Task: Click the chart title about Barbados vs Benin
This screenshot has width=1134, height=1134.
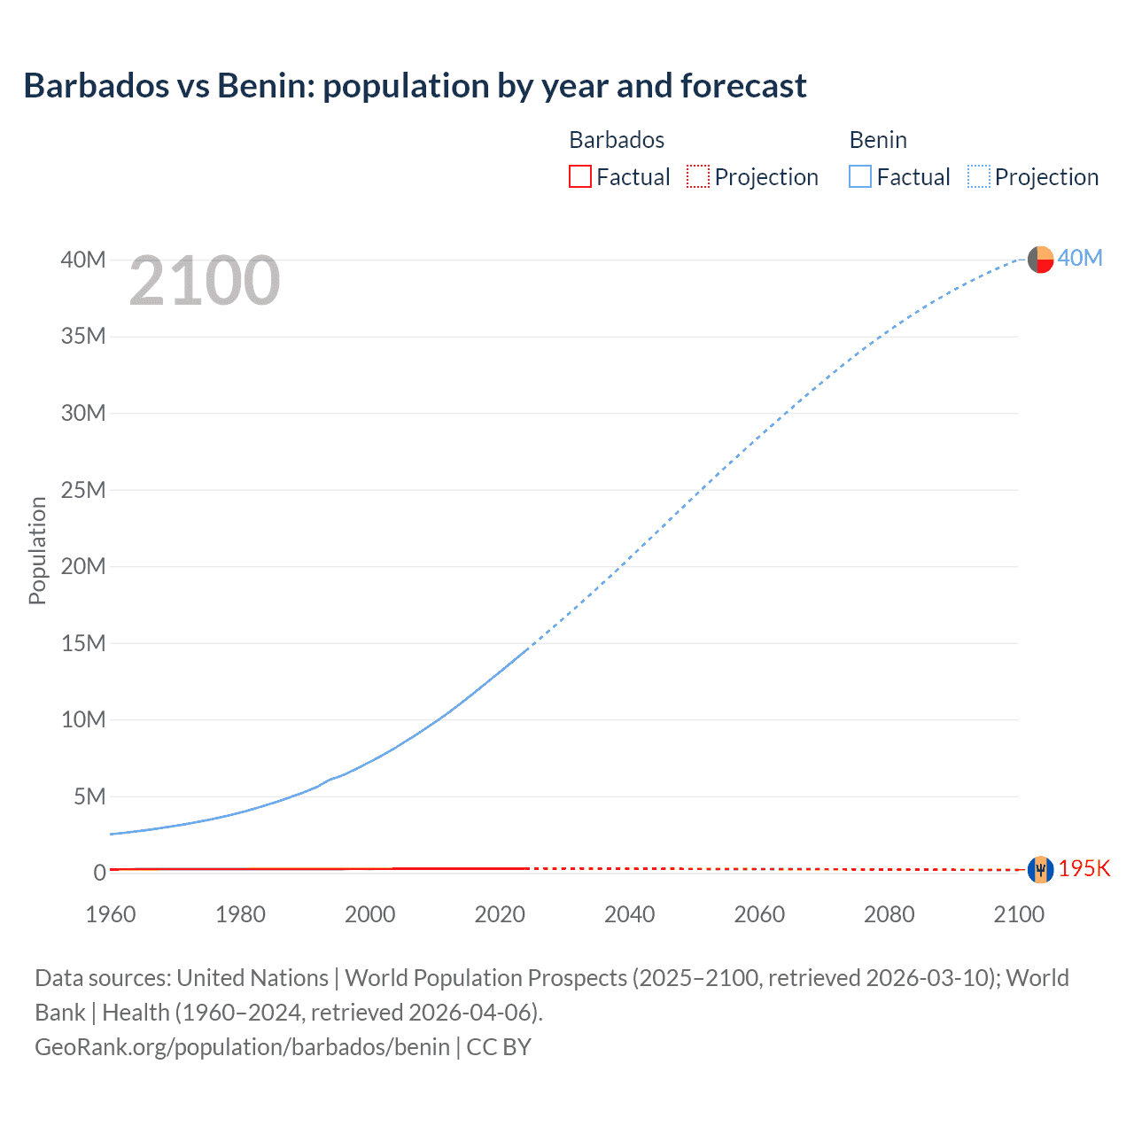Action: (x=415, y=86)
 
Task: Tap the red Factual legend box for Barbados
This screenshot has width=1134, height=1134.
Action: (x=579, y=176)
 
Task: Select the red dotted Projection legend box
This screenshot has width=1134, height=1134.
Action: (x=698, y=176)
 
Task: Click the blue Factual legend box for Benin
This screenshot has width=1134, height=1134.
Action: (x=859, y=176)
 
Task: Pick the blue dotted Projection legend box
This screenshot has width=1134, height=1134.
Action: (x=978, y=176)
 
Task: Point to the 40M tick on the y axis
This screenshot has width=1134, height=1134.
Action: (x=83, y=260)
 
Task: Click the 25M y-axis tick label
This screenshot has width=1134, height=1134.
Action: (x=83, y=490)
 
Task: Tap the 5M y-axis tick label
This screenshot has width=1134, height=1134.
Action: (x=89, y=796)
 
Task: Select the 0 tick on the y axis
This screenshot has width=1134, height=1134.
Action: (x=100, y=873)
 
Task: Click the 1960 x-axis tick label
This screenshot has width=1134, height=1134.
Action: (x=111, y=914)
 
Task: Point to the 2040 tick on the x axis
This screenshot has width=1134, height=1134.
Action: (x=629, y=914)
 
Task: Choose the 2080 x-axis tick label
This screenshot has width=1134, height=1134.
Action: (x=889, y=914)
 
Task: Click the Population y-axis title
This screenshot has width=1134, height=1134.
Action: (x=37, y=550)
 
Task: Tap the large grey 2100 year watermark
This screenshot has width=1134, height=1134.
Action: (x=204, y=281)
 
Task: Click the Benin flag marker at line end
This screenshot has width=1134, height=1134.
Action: (x=1040, y=260)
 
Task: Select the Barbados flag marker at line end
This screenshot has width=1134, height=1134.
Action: (x=1040, y=869)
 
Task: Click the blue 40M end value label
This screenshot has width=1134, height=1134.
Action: (x=1080, y=258)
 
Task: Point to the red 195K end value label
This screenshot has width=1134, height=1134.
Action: (x=1084, y=868)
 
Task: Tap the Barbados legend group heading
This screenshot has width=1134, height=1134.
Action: (x=617, y=140)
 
